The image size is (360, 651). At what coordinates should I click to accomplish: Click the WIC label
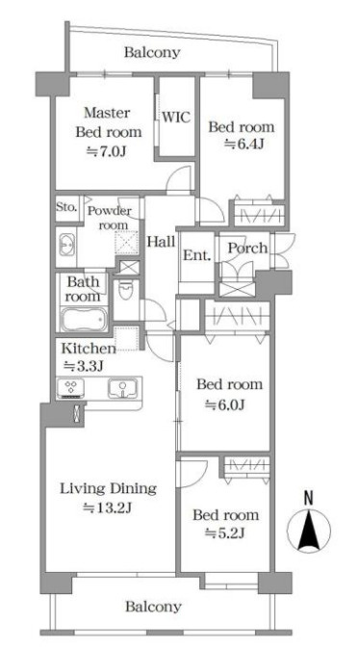pos(176,117)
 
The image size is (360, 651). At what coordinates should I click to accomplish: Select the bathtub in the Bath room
pos(84,320)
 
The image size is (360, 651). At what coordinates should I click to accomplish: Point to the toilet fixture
pos(126,289)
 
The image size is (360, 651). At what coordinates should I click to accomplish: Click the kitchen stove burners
pos(71,388)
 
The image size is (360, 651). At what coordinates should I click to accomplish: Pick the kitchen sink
pos(123,388)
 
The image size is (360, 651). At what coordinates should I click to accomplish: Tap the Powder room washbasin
pos(67,245)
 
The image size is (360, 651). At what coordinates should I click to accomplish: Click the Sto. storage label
pos(67,207)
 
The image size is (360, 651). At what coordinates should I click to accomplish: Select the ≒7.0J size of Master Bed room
pos(107,152)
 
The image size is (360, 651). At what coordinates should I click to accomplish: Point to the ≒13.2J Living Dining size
pos(108,508)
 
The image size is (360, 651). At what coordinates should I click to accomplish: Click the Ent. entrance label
pos(197,255)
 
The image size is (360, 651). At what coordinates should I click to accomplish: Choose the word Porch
pos(248,247)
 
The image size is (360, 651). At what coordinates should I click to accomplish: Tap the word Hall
pos(162,241)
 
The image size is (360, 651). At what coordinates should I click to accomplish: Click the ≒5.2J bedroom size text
pos(225,534)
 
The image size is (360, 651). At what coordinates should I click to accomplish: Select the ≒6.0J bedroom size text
pos(226,404)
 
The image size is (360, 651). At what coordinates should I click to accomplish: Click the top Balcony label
pos(152,53)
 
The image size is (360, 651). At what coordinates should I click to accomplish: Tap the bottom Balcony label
pos(153,607)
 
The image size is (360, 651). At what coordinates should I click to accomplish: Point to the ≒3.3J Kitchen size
pos(83,366)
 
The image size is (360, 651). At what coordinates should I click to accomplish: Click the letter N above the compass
pos(308,498)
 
